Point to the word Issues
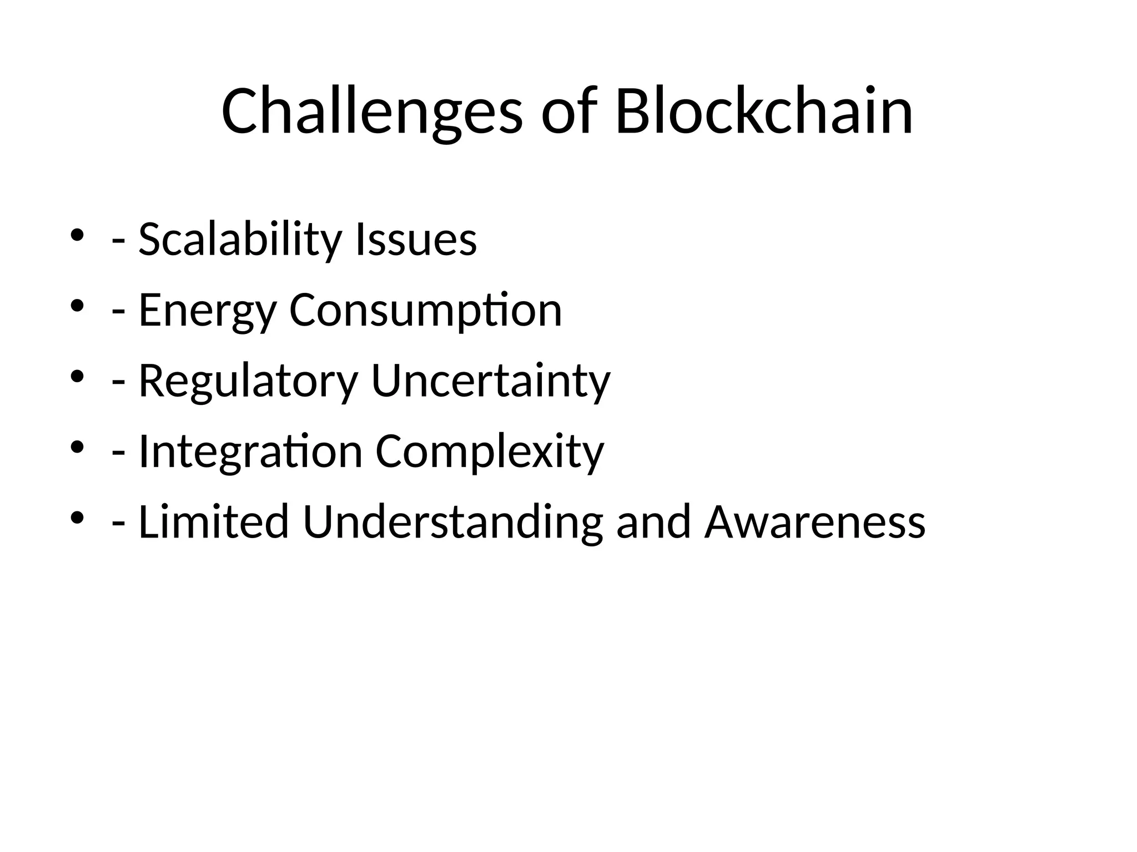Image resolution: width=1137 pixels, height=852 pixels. click(x=416, y=240)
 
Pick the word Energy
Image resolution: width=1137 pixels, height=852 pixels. click(x=207, y=311)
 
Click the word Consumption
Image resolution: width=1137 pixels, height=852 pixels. click(x=426, y=311)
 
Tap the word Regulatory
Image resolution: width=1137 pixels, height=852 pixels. click(x=248, y=381)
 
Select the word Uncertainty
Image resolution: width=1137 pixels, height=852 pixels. click(x=491, y=381)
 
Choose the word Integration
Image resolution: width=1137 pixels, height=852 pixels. click(x=250, y=452)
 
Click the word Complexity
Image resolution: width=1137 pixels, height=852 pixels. click(x=490, y=452)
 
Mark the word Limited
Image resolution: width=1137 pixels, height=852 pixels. click(x=213, y=522)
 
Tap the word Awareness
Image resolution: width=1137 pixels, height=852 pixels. click(x=815, y=522)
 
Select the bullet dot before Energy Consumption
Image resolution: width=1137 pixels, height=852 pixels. click(x=77, y=306)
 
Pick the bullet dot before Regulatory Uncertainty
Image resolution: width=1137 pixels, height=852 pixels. click(x=77, y=376)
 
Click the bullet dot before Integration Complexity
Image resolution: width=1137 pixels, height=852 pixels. click(x=77, y=447)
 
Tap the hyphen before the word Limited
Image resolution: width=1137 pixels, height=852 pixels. click(x=118, y=525)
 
